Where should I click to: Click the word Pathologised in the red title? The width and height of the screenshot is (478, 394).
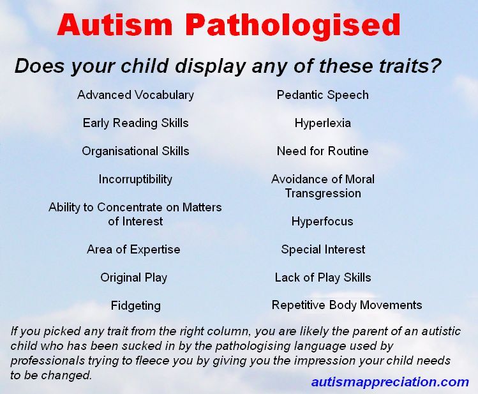[x=292, y=26]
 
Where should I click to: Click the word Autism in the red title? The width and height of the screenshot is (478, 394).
[x=116, y=24]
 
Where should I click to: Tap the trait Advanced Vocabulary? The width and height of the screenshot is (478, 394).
[x=135, y=95]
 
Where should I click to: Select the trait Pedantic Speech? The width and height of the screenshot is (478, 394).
[x=322, y=95]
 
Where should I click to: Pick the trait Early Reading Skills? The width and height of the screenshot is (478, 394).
[x=136, y=123]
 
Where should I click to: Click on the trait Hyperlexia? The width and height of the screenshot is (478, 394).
[x=322, y=123]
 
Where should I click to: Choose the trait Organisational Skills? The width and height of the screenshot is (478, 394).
[x=135, y=151]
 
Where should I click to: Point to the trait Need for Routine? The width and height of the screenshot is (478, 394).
[x=322, y=151]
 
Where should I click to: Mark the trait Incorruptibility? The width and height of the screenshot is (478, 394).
[x=135, y=179]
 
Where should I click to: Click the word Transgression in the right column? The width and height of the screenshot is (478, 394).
[x=323, y=193]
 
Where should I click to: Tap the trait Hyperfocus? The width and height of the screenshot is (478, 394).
[x=322, y=222]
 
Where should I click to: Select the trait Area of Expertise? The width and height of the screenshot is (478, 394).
[x=133, y=250]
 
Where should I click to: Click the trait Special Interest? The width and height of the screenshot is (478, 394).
[x=323, y=250]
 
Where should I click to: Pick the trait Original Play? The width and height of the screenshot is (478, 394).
[x=133, y=278]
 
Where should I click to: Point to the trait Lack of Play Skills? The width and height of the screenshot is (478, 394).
[x=323, y=278]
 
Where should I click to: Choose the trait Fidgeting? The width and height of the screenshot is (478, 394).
[x=136, y=306]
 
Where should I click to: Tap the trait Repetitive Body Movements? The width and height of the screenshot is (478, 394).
[x=347, y=305]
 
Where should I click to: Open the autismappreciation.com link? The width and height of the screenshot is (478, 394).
[x=390, y=382]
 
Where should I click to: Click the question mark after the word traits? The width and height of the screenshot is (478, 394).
[x=435, y=65]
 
